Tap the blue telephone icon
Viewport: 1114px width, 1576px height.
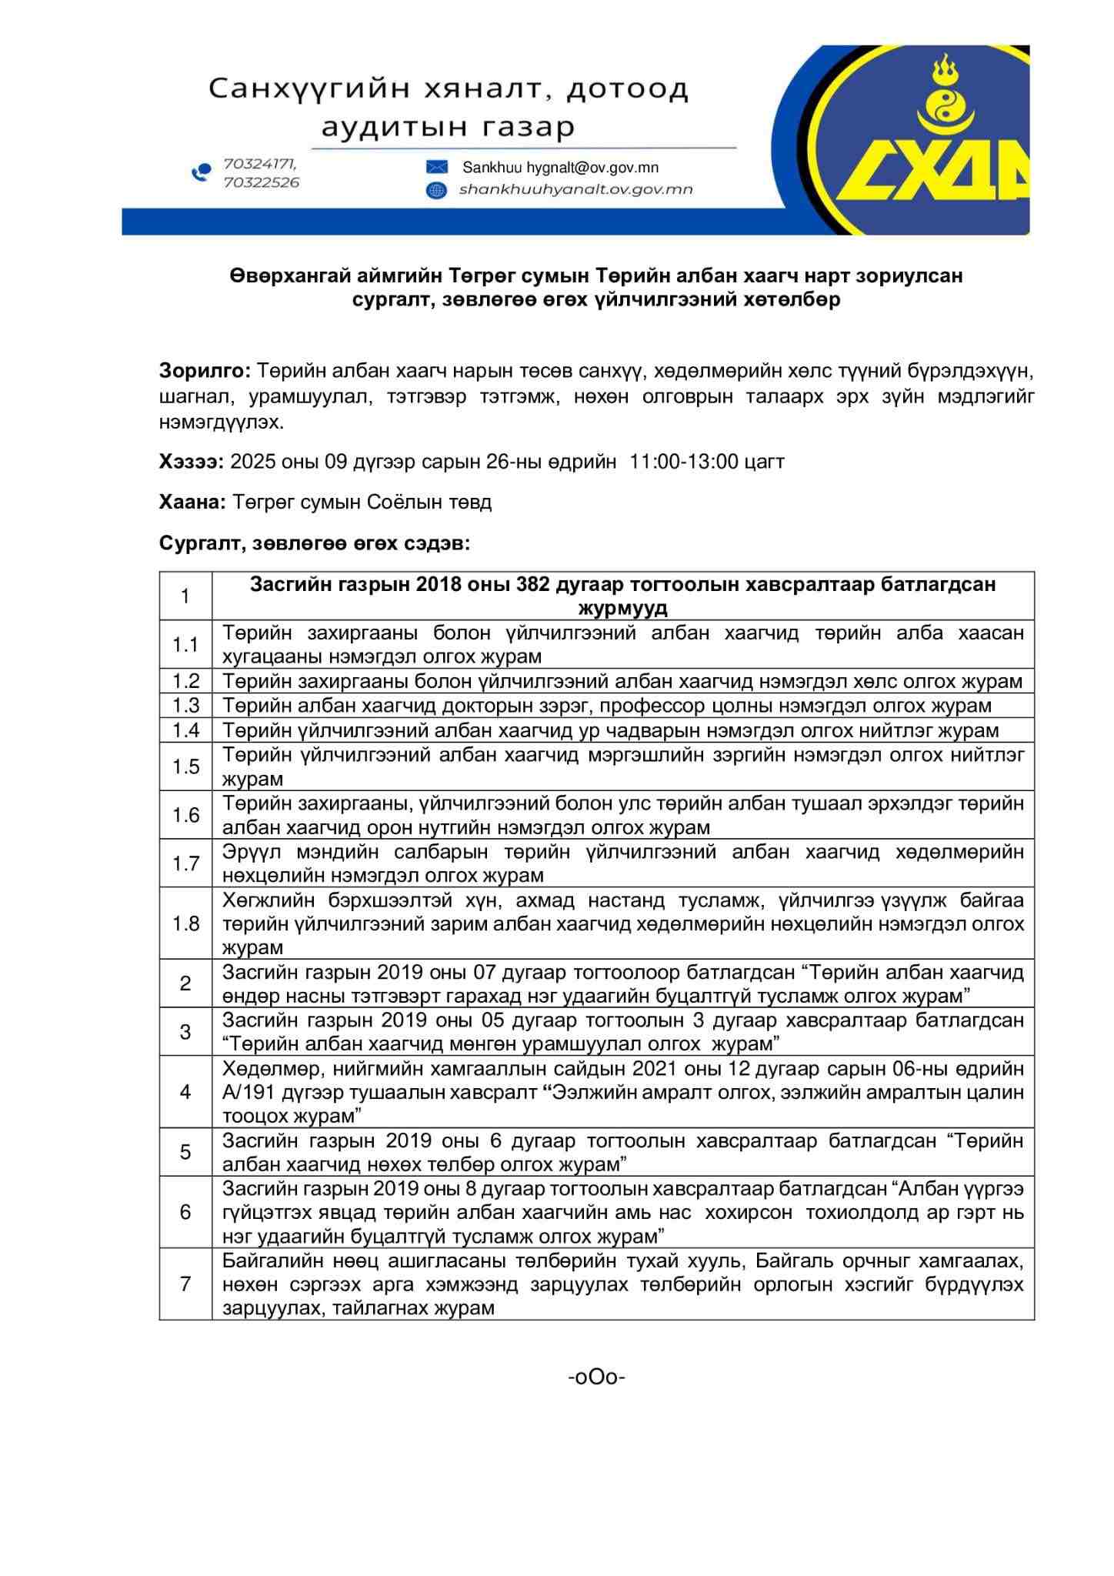pyautogui.click(x=201, y=172)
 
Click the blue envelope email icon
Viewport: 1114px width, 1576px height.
pyautogui.click(x=436, y=168)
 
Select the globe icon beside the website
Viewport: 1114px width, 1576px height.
pyautogui.click(x=436, y=190)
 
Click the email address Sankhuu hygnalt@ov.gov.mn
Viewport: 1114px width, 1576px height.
pyautogui.click(x=560, y=168)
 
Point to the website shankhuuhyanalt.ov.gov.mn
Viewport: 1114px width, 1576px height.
pyautogui.click(x=575, y=189)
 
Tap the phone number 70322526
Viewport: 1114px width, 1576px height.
pyautogui.click(x=261, y=182)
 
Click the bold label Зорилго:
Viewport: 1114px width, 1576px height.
pyautogui.click(x=205, y=371)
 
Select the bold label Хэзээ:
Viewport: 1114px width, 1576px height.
pyautogui.click(x=192, y=461)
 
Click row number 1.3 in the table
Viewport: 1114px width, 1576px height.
pyautogui.click(x=185, y=705)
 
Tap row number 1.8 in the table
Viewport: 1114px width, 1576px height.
pyautogui.click(x=185, y=923)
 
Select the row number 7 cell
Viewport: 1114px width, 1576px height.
pyautogui.click(x=185, y=1284)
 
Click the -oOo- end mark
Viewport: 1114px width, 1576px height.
pyautogui.click(x=596, y=1377)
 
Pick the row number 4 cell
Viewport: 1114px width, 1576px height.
pyautogui.click(x=185, y=1091)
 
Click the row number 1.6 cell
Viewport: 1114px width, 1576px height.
pyautogui.click(x=185, y=814)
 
